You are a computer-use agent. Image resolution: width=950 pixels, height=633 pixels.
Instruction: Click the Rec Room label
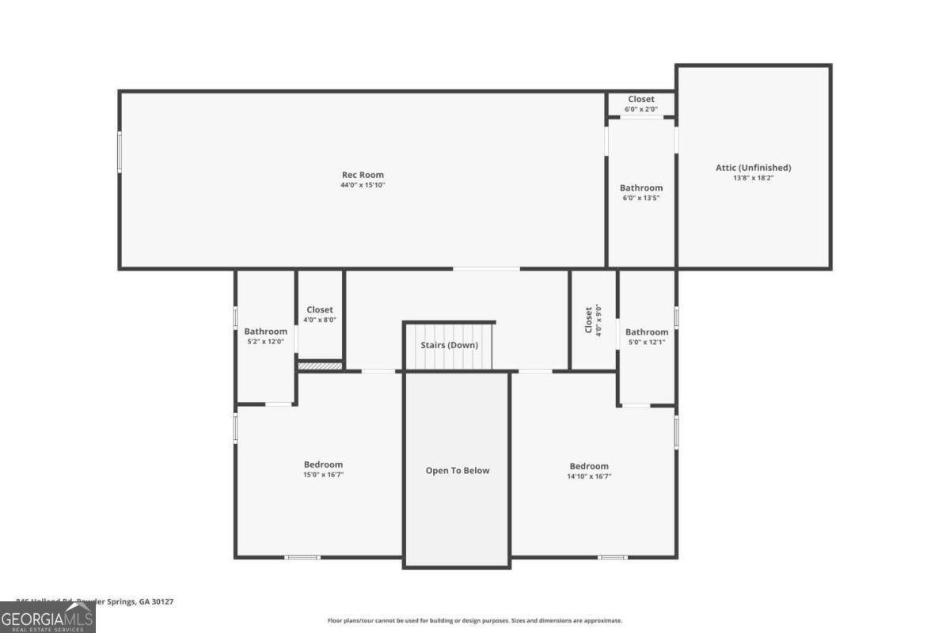[363, 175]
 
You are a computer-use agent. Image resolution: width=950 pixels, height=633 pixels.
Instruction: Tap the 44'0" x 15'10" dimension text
[363, 185]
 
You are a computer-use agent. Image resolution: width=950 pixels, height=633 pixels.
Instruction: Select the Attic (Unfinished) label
[753, 168]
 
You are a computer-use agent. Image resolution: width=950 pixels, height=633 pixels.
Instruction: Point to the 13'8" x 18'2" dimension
[753, 178]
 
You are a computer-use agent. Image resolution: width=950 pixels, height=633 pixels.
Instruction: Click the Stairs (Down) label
[449, 346]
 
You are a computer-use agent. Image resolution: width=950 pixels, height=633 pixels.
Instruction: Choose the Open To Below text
[458, 471]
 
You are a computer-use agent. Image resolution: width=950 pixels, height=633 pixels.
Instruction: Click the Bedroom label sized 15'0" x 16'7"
[323, 464]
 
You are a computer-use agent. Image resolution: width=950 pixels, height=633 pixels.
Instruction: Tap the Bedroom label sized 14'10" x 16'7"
[589, 466]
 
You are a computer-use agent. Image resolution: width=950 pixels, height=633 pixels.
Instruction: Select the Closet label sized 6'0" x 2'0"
[641, 100]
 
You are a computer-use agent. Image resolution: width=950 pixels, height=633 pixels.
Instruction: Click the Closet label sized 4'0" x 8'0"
[320, 309]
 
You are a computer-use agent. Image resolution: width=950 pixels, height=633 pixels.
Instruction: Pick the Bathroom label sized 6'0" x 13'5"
[641, 188]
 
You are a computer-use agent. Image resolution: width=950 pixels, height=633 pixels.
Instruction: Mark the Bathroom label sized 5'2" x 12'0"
[265, 332]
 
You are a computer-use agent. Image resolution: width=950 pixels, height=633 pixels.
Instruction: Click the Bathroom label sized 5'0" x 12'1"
[647, 332]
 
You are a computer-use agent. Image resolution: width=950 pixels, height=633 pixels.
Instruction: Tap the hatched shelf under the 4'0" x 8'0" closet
[320, 366]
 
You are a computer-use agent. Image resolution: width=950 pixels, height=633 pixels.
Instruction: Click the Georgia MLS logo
[47, 617]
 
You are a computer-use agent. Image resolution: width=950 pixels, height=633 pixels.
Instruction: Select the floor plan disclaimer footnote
[474, 621]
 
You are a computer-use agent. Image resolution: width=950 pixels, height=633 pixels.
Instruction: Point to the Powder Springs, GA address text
[95, 602]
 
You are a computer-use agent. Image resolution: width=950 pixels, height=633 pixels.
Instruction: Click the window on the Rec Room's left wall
[120, 152]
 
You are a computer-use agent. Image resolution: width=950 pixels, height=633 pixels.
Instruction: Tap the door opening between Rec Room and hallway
[486, 269]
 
